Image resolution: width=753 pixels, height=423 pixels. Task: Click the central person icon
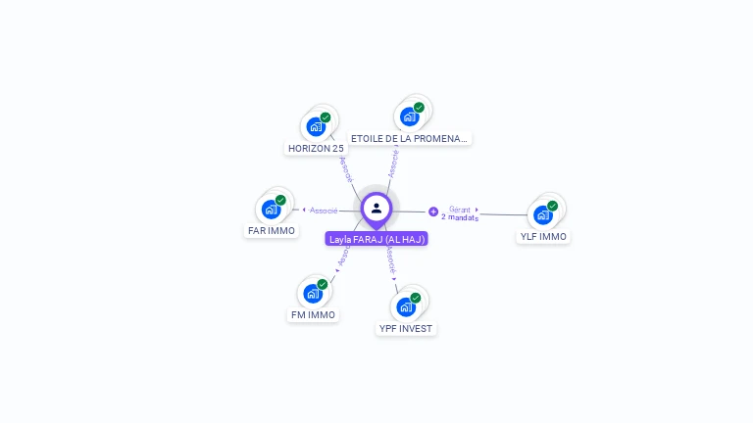(376, 208)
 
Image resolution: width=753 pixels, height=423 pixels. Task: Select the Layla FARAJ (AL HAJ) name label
(376, 239)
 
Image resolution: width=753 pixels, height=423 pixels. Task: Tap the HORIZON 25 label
(316, 149)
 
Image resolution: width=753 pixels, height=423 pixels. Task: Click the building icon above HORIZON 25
(316, 126)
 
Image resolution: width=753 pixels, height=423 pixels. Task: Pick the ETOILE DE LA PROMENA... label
(410, 139)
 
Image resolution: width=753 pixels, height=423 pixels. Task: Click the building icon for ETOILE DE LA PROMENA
(410, 117)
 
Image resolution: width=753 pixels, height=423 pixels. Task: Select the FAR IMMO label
(271, 231)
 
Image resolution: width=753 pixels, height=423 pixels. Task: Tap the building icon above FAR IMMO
(271, 209)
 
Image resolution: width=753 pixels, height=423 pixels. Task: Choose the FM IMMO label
(313, 315)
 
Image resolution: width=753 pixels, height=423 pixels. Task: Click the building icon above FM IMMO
(313, 293)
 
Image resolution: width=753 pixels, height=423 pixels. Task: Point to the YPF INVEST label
(406, 329)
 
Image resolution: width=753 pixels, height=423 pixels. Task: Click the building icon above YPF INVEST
(406, 306)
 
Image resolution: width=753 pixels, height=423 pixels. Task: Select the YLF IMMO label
(543, 237)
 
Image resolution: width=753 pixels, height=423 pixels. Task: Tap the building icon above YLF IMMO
(542, 214)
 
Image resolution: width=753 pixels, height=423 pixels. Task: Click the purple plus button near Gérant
(433, 211)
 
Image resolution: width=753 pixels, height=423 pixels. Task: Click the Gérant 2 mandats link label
(460, 213)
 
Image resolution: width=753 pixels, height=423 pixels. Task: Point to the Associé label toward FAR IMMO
(324, 211)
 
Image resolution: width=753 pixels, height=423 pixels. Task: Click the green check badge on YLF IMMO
(552, 206)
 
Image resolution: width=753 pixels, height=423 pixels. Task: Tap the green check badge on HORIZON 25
(326, 117)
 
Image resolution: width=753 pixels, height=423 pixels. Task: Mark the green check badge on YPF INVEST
(416, 298)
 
